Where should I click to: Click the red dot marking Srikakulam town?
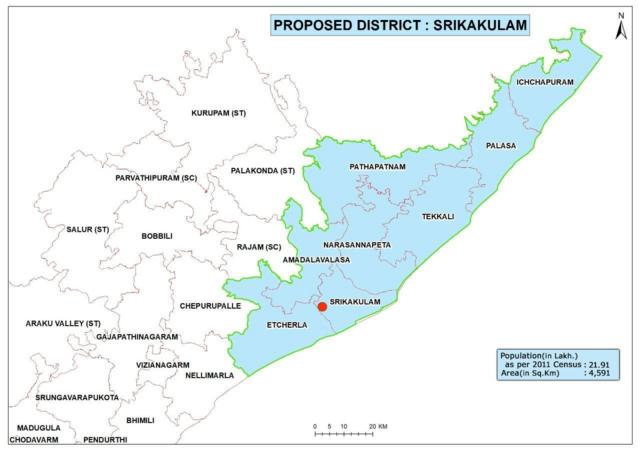coord(322,307)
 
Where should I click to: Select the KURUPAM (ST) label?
coord(218,113)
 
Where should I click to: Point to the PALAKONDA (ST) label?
coord(263,171)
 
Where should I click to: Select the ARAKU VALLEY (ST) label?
coord(64,323)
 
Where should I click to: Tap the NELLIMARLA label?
coord(210,375)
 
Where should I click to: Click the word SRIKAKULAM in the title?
coord(482,24)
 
